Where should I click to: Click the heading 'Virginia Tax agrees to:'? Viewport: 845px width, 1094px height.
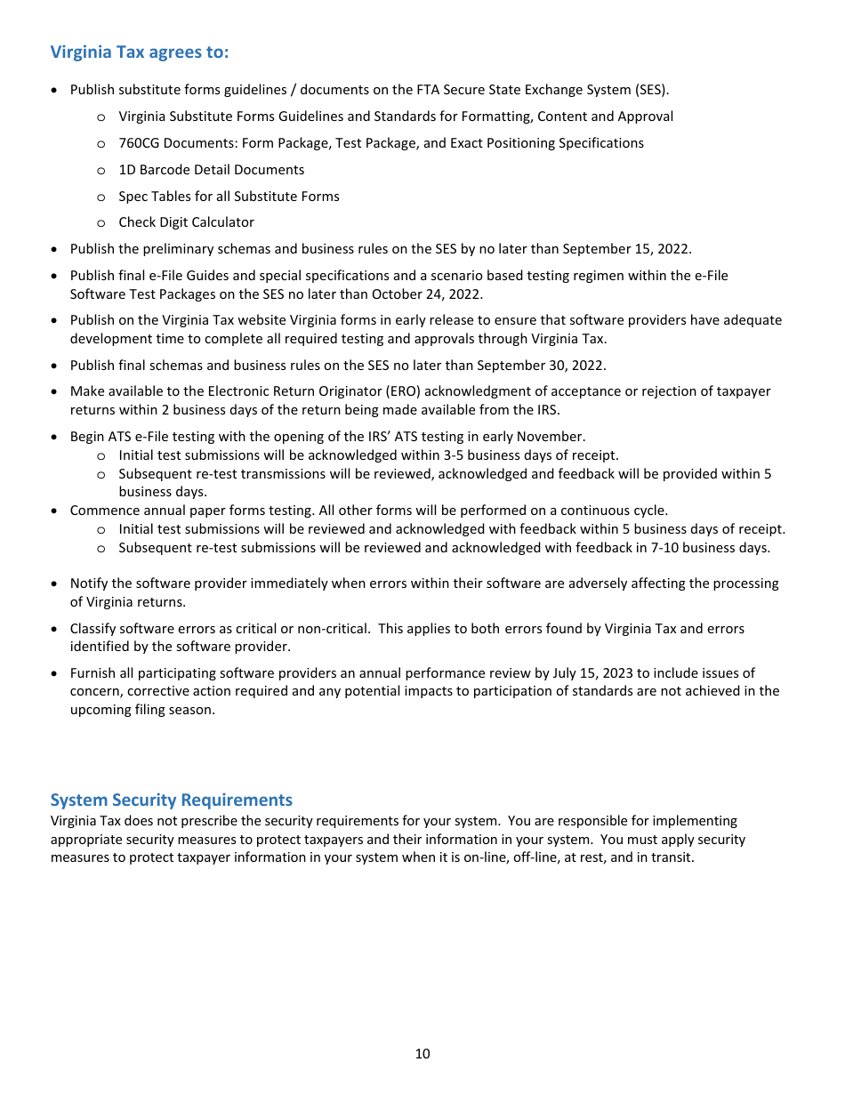140,52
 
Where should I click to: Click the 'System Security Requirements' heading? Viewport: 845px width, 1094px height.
171,800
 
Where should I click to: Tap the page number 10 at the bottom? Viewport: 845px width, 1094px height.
422,1054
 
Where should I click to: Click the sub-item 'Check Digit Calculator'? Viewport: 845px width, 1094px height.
186,222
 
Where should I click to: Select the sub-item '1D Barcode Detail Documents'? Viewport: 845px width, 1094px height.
211,170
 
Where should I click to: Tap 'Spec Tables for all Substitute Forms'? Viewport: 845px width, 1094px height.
229,197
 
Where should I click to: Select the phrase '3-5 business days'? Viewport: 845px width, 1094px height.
498,455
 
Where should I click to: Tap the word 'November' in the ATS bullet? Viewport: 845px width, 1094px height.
555,437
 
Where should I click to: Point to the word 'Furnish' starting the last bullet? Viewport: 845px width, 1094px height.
93,673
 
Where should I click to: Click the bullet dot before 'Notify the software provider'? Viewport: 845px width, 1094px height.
56,584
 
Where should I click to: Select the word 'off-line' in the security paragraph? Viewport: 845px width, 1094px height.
529,858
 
